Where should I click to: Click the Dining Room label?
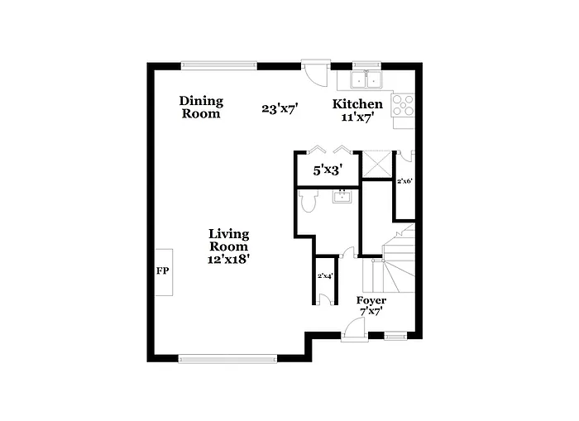(201, 108)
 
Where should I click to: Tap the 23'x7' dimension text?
(280, 108)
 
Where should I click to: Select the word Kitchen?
(357, 104)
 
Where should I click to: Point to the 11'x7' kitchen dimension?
(357, 117)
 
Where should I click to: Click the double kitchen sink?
(366, 80)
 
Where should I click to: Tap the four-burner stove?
(402, 106)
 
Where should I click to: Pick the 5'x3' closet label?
(328, 171)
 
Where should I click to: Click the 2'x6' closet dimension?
(404, 180)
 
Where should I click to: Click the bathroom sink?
(342, 197)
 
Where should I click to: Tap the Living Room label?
(228, 240)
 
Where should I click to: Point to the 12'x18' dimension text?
(228, 259)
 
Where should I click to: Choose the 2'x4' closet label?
(325, 276)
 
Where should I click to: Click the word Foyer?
(371, 299)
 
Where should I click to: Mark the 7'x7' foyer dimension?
(371, 312)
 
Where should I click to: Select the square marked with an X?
(377, 165)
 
